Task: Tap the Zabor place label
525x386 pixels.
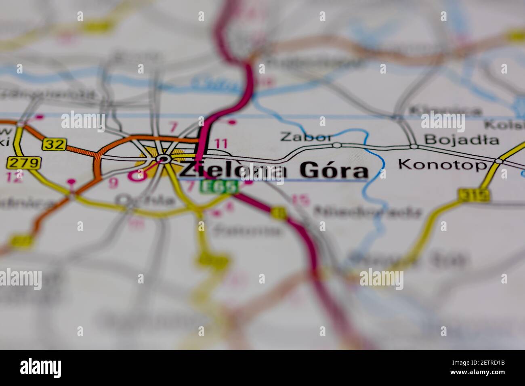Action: [x=306, y=136]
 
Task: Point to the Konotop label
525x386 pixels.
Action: [x=442, y=164]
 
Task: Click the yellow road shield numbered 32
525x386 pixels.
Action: [x=54, y=144]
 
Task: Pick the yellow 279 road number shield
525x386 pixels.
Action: [x=24, y=163]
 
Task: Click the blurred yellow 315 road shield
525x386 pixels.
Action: [x=474, y=195]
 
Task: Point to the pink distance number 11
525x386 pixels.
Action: [x=221, y=143]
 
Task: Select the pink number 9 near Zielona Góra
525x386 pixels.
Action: [x=114, y=183]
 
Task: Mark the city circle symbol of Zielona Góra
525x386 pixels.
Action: [x=164, y=159]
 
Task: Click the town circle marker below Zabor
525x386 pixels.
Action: [x=336, y=145]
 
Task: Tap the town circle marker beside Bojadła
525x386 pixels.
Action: [x=413, y=146]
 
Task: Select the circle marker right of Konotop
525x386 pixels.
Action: [x=499, y=161]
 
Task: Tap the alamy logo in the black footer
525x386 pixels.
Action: [x=41, y=368]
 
